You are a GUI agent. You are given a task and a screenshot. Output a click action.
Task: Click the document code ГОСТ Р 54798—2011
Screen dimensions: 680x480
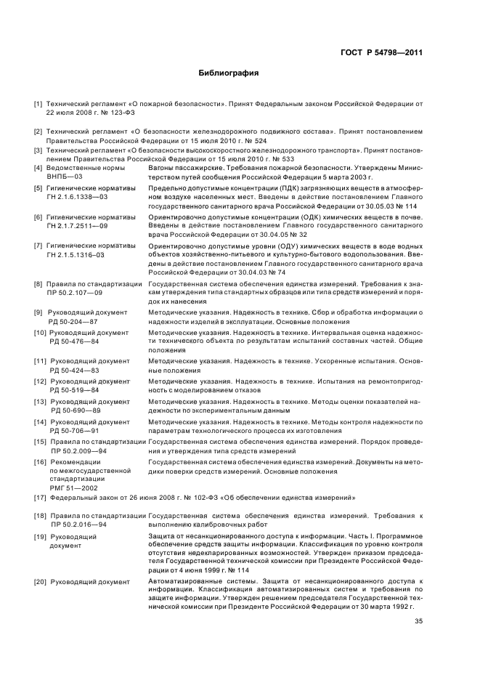tap(381, 52)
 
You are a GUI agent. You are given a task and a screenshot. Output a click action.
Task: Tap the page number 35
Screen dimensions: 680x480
tap(418, 621)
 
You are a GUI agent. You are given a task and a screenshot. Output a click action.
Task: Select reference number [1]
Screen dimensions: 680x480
tap(38, 105)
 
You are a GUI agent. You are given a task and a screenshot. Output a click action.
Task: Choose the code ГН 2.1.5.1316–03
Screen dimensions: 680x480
tap(76, 255)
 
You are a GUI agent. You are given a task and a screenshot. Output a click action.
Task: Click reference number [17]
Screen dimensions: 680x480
tap(39, 498)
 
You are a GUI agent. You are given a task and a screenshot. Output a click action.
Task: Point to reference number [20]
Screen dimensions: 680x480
tap(39, 582)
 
